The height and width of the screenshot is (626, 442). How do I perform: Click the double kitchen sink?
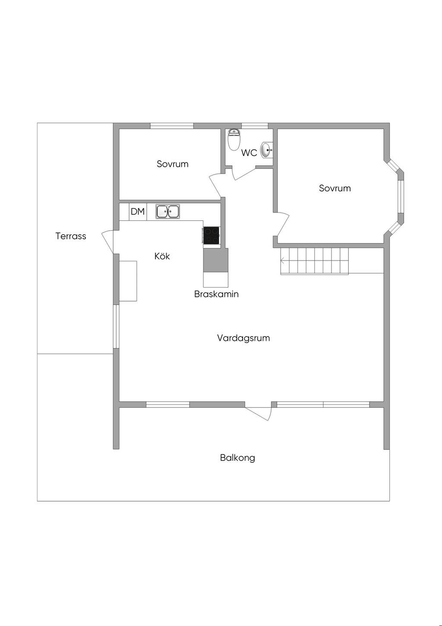point(168,211)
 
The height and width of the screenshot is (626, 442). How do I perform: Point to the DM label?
point(138,212)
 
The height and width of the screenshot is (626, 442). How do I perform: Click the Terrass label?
point(71,236)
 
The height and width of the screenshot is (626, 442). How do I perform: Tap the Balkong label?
point(237,458)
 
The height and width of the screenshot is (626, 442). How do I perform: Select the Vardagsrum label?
point(243,338)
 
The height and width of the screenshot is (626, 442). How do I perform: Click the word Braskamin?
point(216,294)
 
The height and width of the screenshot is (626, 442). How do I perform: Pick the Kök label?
point(162,256)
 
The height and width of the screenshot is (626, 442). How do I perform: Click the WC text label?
point(249,153)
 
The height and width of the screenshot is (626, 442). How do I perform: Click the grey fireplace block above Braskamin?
point(215,260)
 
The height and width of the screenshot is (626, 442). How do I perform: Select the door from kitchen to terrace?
point(108,242)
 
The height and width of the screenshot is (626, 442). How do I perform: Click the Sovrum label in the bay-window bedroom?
point(335,188)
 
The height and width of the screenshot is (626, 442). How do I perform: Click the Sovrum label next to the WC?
point(173,164)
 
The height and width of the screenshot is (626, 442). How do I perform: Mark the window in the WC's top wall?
point(255,126)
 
